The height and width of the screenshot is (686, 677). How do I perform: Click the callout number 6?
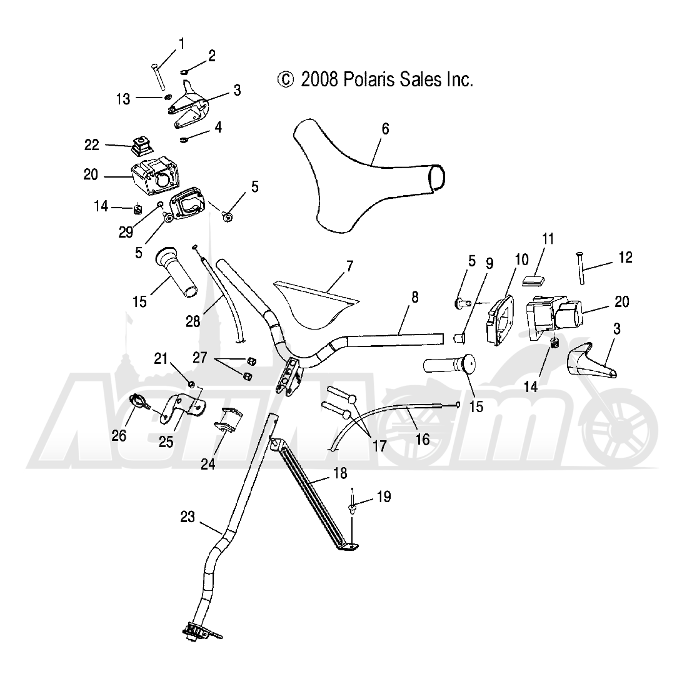click(385, 129)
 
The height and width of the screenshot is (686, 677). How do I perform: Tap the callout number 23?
click(187, 517)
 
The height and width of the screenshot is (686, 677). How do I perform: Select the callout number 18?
click(340, 473)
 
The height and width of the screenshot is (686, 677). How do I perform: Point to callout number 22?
click(92, 145)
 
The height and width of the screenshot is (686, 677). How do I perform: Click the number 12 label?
click(625, 257)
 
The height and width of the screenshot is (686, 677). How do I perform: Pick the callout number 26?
click(119, 435)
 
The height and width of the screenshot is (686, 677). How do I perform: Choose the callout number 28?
click(193, 321)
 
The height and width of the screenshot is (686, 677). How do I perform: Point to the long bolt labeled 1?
click(156, 75)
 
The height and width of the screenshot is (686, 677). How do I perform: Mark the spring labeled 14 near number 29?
click(138, 209)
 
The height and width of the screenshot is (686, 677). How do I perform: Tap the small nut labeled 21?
click(191, 384)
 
